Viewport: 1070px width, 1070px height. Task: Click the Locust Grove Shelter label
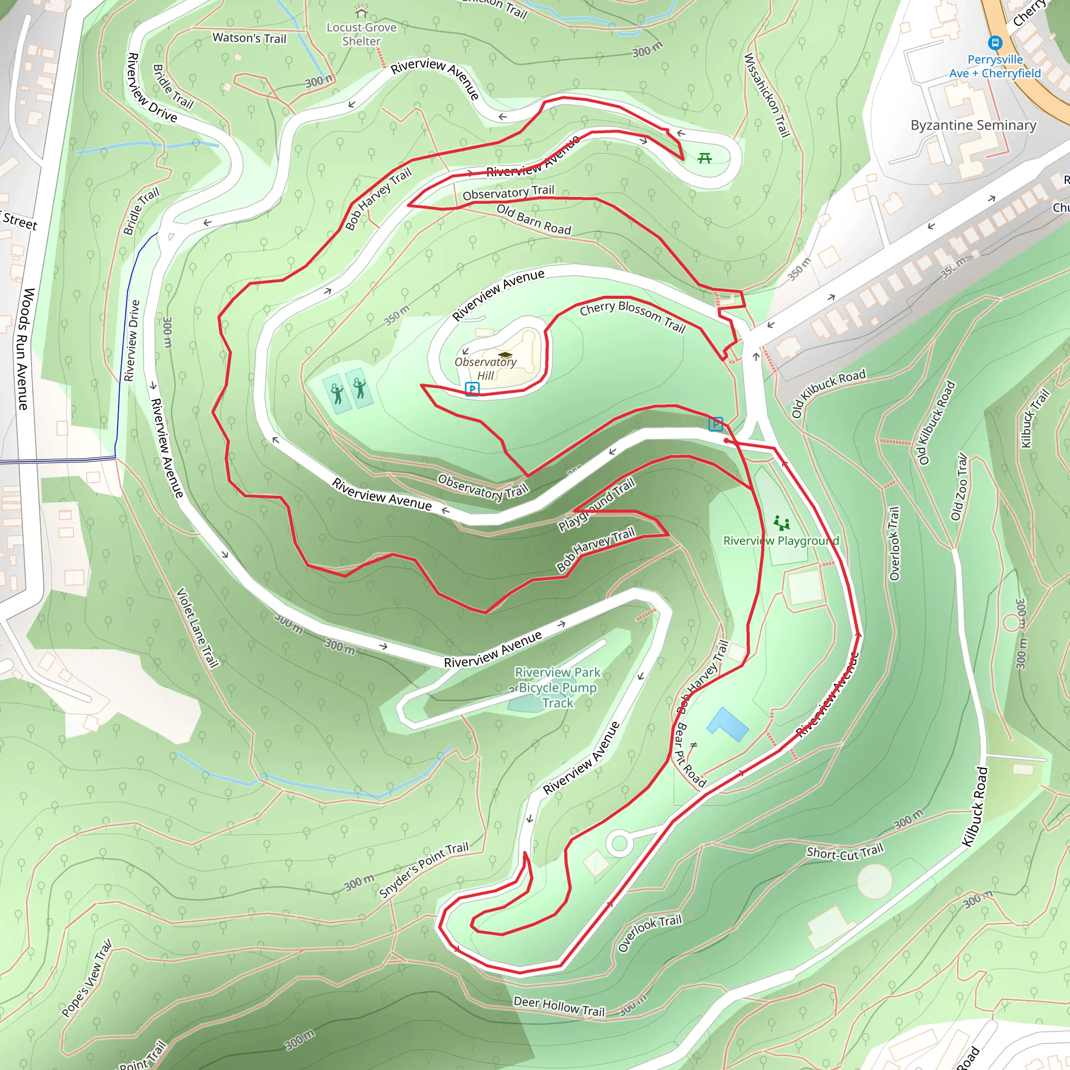[x=361, y=34]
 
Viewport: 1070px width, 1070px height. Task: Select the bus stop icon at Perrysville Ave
[x=995, y=43]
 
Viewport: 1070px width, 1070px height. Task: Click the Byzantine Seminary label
[x=973, y=125]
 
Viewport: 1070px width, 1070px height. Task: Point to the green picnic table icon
[x=704, y=159]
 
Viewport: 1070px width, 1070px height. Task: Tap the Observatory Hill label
[x=485, y=368]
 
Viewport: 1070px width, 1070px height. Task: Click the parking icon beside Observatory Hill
[x=472, y=389]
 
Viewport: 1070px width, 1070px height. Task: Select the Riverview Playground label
[x=781, y=541]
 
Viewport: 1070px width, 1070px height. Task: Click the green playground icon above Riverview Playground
[x=782, y=522]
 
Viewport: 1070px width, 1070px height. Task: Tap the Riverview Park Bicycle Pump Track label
[x=557, y=688]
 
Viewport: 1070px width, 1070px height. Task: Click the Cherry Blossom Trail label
[x=633, y=317]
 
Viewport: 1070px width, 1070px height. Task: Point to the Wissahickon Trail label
[x=766, y=95]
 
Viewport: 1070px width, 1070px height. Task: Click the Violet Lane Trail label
[x=197, y=627]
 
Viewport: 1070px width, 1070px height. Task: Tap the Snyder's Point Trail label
[x=424, y=870]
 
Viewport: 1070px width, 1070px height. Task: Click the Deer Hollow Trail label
[x=559, y=1006]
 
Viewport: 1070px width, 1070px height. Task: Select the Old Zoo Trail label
[x=959, y=487]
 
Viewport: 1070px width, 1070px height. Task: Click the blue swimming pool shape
[x=727, y=724]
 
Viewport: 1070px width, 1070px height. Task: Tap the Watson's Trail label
[x=249, y=38]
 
